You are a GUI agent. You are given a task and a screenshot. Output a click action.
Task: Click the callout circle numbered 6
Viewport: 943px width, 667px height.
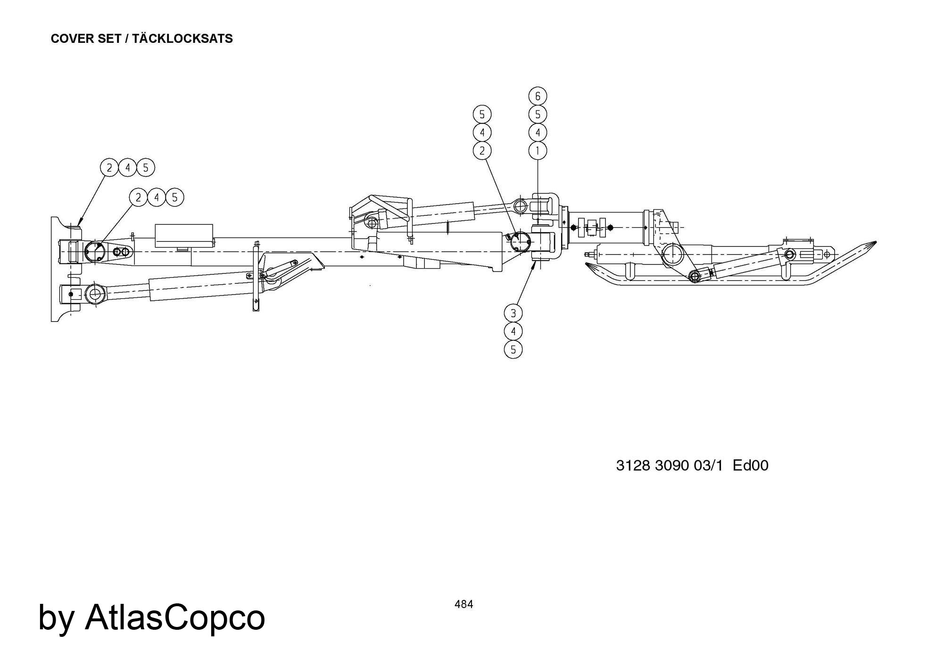pyautogui.click(x=538, y=96)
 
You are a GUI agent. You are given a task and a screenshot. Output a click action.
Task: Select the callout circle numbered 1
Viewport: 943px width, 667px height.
pyautogui.click(x=538, y=151)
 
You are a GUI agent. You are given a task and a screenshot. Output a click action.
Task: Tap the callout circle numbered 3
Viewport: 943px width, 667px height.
pyautogui.click(x=513, y=313)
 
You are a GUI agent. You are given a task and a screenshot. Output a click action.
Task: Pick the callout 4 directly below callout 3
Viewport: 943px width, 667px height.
pyautogui.click(x=513, y=331)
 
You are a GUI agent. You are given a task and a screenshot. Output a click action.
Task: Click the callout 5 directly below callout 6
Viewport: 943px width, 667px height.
pyautogui.click(x=538, y=115)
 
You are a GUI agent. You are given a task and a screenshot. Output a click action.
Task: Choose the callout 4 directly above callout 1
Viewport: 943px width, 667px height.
pyautogui.click(x=538, y=132)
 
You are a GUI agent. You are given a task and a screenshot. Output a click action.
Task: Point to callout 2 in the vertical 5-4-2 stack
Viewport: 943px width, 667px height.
pyautogui.click(x=482, y=151)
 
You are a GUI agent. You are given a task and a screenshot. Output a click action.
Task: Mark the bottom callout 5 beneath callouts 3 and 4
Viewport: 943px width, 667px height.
pyautogui.click(x=513, y=350)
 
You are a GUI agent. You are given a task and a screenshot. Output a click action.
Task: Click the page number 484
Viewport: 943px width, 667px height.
pyautogui.click(x=464, y=604)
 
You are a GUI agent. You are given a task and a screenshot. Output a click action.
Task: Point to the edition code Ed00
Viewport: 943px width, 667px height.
pyautogui.click(x=751, y=465)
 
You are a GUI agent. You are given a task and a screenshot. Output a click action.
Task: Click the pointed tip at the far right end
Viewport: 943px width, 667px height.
pyautogui.click(x=876, y=242)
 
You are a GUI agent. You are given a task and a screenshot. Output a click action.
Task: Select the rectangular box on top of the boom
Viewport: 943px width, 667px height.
pyautogui.click(x=184, y=236)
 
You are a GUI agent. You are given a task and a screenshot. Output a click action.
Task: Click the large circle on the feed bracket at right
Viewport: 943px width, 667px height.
pyautogui.click(x=672, y=256)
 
